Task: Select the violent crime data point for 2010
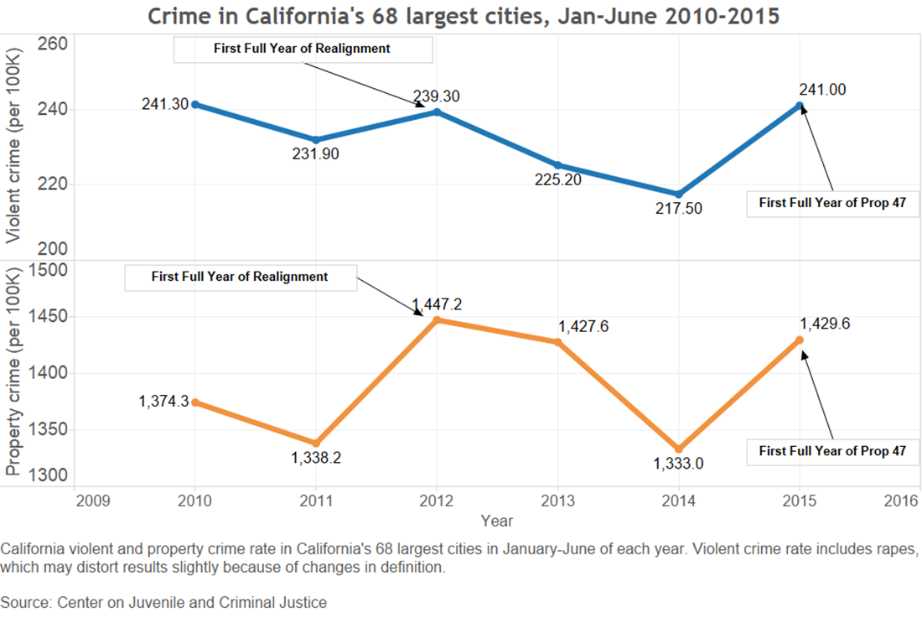click(x=195, y=104)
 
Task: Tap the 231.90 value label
click(x=316, y=153)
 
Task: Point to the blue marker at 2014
click(x=679, y=194)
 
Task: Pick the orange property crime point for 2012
click(x=437, y=319)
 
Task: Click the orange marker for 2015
click(x=800, y=340)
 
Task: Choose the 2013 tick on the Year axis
click(x=557, y=501)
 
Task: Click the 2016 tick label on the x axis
click(x=903, y=501)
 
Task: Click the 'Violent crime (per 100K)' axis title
click(x=13, y=146)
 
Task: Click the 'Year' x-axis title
click(x=497, y=521)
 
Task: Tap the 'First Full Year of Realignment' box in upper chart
click(x=303, y=49)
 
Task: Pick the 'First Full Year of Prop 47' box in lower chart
click(x=832, y=451)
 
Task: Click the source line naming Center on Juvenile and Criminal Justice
click(x=164, y=602)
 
